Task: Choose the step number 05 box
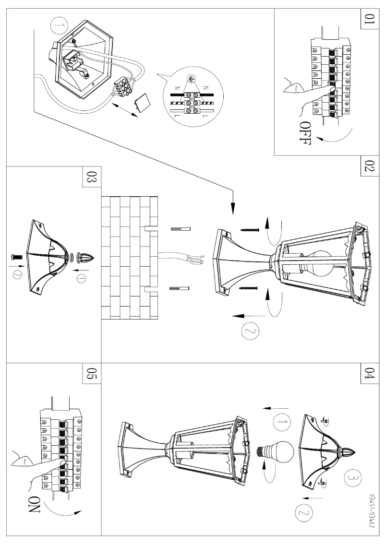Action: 91,374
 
